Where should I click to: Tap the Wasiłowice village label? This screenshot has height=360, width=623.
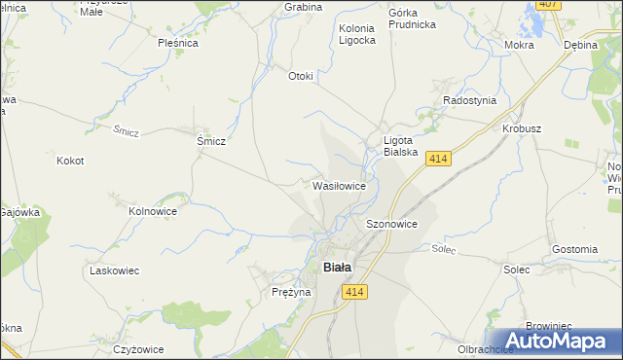(x=339, y=185)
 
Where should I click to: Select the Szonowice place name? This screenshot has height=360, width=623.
(x=391, y=224)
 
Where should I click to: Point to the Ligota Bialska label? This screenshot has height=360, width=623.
(x=400, y=146)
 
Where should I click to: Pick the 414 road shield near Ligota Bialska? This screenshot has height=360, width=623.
(x=437, y=159)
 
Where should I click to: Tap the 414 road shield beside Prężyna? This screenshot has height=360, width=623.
(x=354, y=292)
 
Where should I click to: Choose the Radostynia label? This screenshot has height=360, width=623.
(x=469, y=100)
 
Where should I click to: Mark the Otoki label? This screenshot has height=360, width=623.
(x=300, y=77)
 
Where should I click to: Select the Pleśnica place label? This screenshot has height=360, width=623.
(x=178, y=43)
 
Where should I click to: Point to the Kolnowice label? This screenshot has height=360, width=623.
(x=153, y=210)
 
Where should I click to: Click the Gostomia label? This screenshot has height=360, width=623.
(x=573, y=249)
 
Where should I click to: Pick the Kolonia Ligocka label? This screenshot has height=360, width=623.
(x=356, y=35)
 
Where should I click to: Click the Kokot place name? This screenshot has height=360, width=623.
(x=71, y=161)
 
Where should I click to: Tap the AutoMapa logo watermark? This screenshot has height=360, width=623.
(x=559, y=342)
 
